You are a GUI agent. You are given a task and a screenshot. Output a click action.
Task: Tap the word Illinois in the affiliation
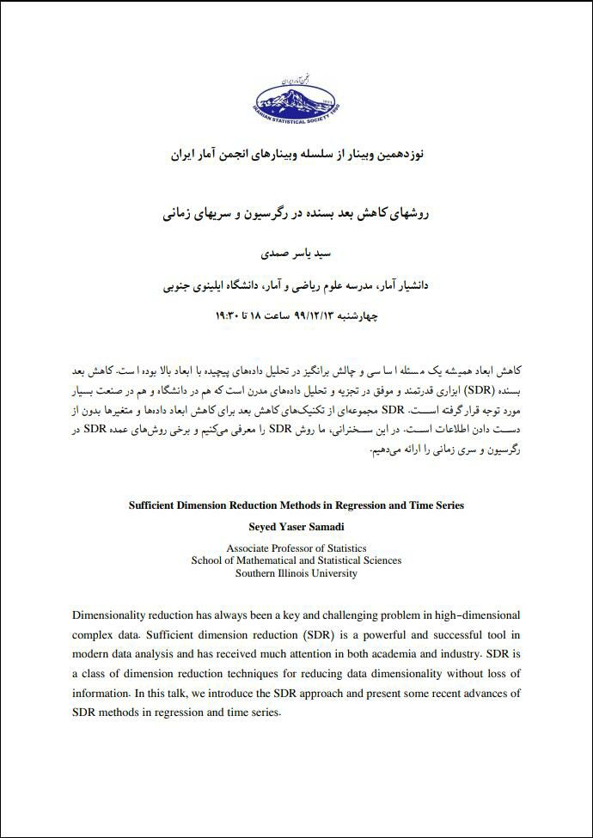[308, 573]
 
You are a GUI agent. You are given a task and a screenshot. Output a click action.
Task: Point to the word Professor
[304, 547]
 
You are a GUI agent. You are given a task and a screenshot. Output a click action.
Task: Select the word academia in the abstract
[437, 654]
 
